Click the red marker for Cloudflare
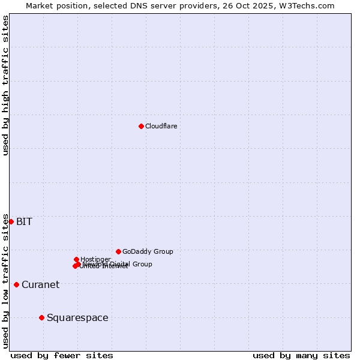(x=141, y=126)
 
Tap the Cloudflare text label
(x=161, y=126)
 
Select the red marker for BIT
(x=11, y=221)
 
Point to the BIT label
(x=24, y=222)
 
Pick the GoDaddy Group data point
(x=118, y=251)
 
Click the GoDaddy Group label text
(x=148, y=251)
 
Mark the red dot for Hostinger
(x=76, y=259)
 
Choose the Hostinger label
(x=95, y=259)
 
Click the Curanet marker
(x=16, y=284)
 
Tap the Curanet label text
(x=40, y=285)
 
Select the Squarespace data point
(x=41, y=317)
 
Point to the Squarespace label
(x=77, y=318)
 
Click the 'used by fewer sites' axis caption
(x=62, y=355)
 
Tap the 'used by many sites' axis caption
(x=301, y=355)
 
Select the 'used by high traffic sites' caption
(x=5, y=85)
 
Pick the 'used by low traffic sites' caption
(x=5, y=281)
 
